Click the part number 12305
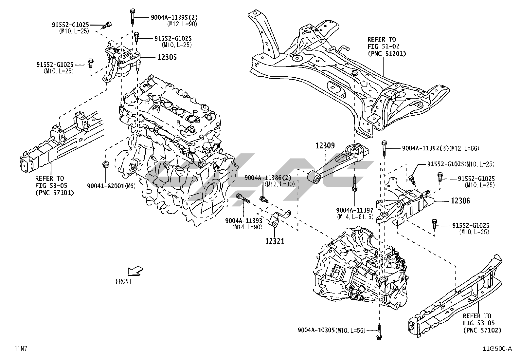(167, 57)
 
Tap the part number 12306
(460, 201)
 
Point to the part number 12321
(275, 241)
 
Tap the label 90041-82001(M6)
(111, 186)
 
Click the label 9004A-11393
(243, 220)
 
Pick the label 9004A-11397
(355, 210)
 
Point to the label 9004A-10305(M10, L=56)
(331, 330)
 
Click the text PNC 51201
(387, 53)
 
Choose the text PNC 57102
(482, 330)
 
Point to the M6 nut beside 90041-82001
(105, 164)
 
